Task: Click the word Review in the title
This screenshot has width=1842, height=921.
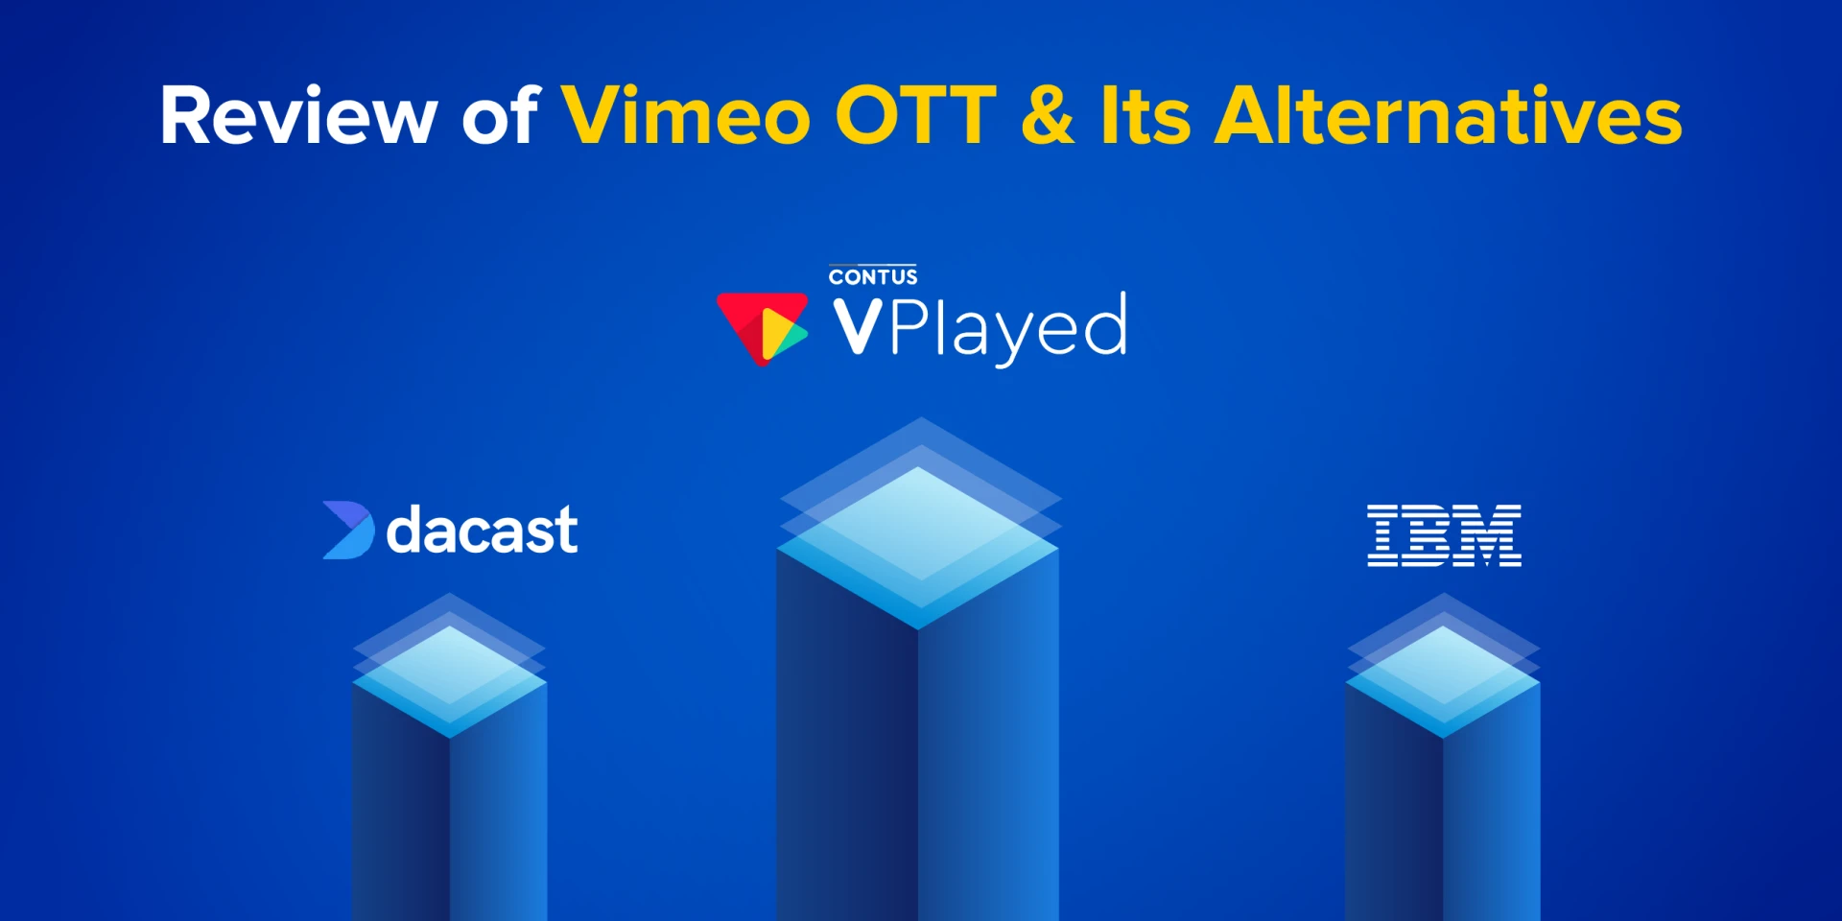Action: [x=297, y=116]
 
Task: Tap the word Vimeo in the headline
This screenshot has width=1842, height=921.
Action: [x=686, y=116]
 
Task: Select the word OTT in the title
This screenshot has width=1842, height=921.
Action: [x=915, y=116]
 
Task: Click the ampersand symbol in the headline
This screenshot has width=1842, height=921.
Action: [x=1048, y=116]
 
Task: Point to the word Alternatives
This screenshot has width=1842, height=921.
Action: [x=1448, y=116]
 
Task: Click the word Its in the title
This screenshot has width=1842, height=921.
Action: [x=1145, y=116]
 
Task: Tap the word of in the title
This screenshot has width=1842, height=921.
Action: [x=501, y=116]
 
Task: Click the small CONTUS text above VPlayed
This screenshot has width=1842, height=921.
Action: [x=873, y=277]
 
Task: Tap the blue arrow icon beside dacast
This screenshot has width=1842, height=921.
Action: [x=347, y=530]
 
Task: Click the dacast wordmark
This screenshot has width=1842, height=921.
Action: [x=482, y=530]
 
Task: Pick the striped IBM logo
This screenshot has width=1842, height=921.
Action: [x=1444, y=535]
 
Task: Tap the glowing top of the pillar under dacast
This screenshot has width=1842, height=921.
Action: [x=449, y=677]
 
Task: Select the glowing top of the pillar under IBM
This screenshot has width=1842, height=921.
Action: [x=1443, y=677]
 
